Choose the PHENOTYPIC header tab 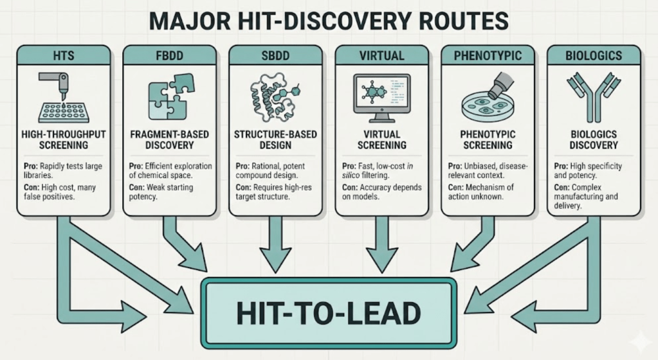487,56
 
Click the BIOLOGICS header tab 593,56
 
